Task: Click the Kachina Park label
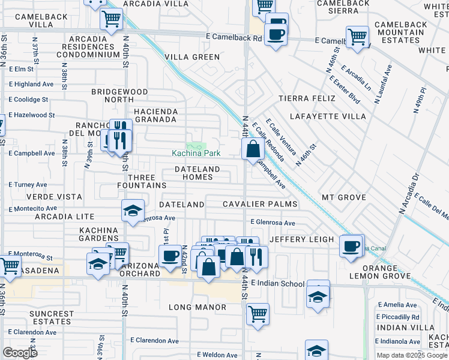(196, 154)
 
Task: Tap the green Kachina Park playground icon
(194, 146)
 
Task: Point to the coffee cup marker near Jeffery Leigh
(351, 245)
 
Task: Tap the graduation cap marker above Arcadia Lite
(133, 210)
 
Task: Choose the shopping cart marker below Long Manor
(258, 313)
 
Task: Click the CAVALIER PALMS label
(260, 204)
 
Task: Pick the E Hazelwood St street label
(31, 115)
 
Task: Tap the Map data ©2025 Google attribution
(412, 355)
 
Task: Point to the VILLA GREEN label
(193, 57)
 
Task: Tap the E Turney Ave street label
(28, 185)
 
